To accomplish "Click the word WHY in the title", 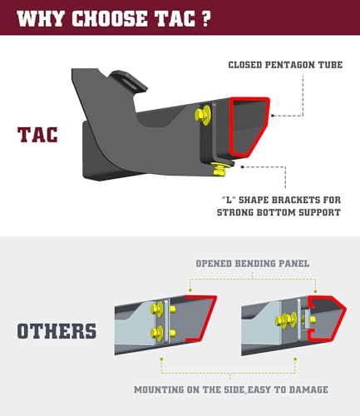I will [41, 17].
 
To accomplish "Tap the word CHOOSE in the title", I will [107, 17].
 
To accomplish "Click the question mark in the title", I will [205, 17].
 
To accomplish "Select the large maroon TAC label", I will [38, 133].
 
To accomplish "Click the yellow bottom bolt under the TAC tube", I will [219, 170].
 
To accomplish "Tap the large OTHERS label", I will [57, 330].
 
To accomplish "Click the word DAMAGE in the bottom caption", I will [313, 389].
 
